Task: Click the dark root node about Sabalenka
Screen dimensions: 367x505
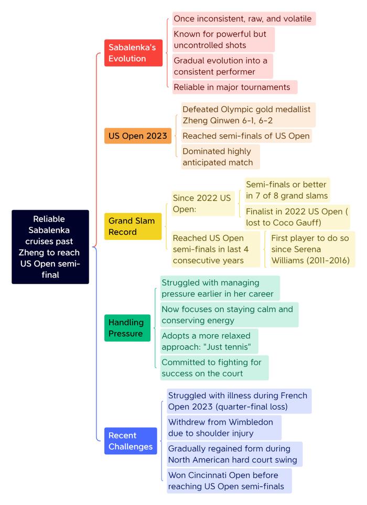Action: pos(50,247)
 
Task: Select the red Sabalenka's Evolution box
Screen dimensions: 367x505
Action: pos(133,53)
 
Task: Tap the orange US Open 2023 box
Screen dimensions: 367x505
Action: pos(137,136)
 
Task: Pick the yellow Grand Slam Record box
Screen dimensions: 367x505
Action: pos(133,226)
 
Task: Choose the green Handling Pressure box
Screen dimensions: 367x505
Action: pos(127,328)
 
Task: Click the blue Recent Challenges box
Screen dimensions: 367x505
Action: pos(131,441)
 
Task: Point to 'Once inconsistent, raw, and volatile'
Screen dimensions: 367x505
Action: pos(244,19)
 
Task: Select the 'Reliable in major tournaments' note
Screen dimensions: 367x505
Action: pos(234,87)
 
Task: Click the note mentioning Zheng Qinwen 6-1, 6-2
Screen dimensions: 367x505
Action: pos(248,115)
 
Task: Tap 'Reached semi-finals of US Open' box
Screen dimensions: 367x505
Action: pos(246,136)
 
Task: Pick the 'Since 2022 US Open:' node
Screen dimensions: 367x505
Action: pos(203,204)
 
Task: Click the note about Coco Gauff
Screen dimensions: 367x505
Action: pos(297,217)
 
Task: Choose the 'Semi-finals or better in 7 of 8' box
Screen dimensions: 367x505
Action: pos(287,190)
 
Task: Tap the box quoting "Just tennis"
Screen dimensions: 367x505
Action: pos(209,341)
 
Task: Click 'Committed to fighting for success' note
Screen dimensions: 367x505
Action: pos(214,368)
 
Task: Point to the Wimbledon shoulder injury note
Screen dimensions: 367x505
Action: pos(224,427)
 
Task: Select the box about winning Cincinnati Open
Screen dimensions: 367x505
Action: pos(229,481)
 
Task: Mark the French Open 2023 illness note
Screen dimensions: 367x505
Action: pos(239,401)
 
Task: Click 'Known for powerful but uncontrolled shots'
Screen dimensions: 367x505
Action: pos(223,40)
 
